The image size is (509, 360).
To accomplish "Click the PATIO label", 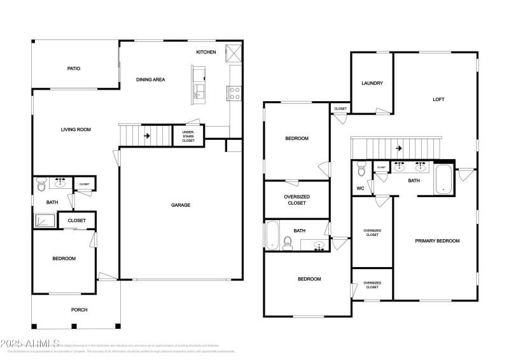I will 74,68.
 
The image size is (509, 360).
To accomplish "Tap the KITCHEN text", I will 206,52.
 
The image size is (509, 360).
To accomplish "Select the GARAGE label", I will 181,205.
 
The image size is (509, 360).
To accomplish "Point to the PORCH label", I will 79,310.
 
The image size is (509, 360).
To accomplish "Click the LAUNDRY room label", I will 372,83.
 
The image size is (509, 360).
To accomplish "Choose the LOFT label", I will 438,99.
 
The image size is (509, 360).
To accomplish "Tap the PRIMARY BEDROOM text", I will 437,240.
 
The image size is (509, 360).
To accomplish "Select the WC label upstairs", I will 360,188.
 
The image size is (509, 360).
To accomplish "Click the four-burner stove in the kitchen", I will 235,93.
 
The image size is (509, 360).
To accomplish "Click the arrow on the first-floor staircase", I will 147,135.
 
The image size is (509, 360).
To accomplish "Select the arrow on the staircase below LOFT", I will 398,148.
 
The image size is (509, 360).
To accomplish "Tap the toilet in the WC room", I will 361,170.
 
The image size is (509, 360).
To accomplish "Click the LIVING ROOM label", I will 76,130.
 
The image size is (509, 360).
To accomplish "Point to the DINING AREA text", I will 151,80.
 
